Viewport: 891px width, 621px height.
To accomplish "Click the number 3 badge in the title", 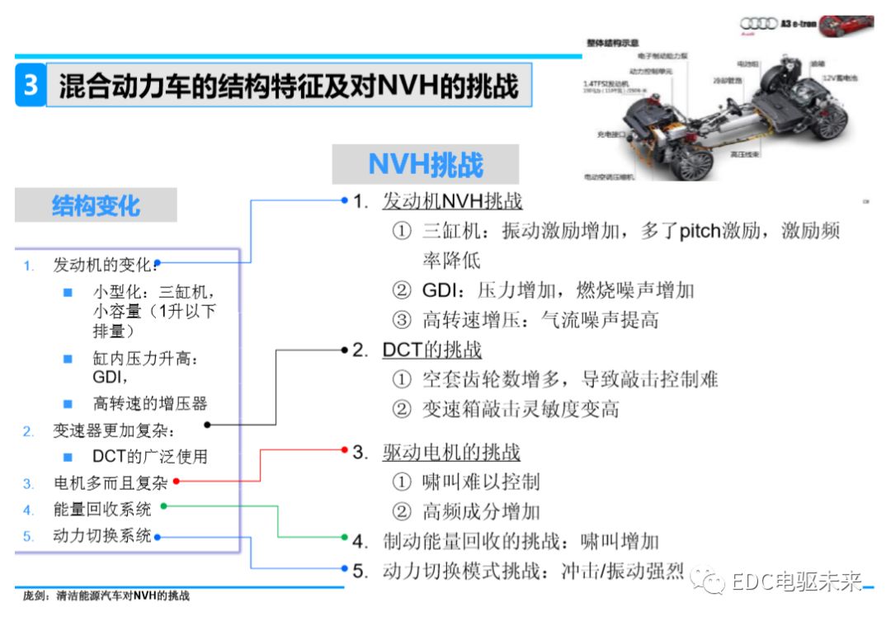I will (31, 85).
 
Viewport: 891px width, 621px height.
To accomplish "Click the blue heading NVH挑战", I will (425, 164).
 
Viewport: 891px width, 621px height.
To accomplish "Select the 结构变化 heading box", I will (96, 205).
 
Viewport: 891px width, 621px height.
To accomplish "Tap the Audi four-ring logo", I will (758, 24).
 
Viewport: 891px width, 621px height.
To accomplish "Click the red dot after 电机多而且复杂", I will (176, 481).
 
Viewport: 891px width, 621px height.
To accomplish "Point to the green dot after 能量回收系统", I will (163, 506).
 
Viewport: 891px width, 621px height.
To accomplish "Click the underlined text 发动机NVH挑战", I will (452, 201).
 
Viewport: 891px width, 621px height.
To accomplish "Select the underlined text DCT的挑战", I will (431, 350).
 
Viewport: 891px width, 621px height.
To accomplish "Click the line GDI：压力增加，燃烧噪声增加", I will (558, 290).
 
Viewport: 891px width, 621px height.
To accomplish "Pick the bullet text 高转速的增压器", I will (149, 403).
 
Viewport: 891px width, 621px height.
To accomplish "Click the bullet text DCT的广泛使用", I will (149, 456).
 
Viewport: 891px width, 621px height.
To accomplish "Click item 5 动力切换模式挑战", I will (532, 571).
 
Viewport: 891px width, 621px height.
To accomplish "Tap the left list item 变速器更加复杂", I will (115, 430).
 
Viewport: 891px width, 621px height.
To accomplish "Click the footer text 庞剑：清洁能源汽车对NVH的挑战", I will (106, 597).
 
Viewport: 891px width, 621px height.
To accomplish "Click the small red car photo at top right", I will (845, 25).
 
